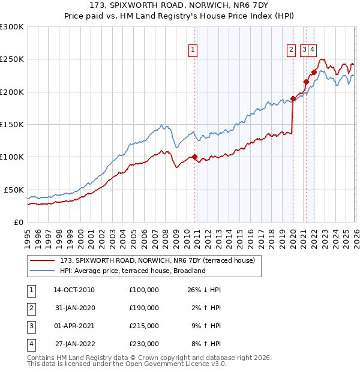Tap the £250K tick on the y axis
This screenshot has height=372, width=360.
(x=12, y=59)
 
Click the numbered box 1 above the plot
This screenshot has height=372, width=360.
(x=193, y=50)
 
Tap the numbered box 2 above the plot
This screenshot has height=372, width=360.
(x=291, y=50)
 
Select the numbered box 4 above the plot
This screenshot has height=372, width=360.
(x=313, y=50)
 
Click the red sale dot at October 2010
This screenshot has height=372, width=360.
(x=194, y=157)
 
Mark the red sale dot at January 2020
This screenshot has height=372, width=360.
(x=293, y=98)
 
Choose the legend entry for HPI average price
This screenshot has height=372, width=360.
(x=132, y=271)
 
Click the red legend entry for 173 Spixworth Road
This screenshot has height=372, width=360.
(x=157, y=260)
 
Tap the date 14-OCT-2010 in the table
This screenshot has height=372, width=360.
(x=74, y=290)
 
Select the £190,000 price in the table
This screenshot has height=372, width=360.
(x=143, y=308)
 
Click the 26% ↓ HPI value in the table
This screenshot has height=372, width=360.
(x=204, y=290)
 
